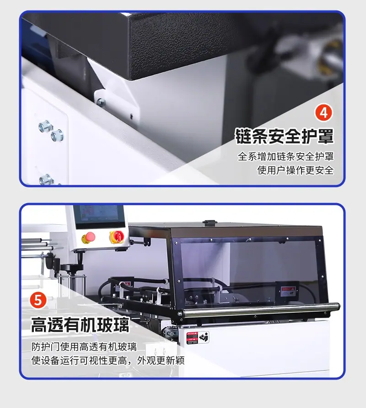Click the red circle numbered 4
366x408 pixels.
click(x=323, y=112)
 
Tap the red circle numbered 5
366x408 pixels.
click(x=38, y=301)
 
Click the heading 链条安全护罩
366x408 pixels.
click(x=284, y=136)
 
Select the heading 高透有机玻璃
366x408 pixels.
click(x=80, y=325)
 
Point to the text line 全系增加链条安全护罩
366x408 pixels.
click(x=286, y=156)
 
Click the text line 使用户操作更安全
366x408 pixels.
click(x=296, y=171)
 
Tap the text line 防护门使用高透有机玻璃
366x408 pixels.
click(x=84, y=347)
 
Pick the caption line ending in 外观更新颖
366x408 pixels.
click(x=108, y=361)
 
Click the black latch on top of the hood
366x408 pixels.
click(x=210, y=223)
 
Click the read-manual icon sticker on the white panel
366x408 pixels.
click(x=204, y=337)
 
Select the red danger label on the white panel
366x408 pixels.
click(x=192, y=338)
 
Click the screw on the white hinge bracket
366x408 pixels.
click(x=101, y=102)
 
